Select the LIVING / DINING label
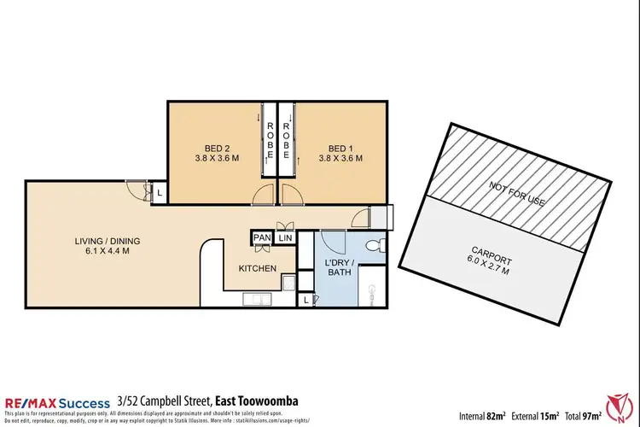tap(107, 246)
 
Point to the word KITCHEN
tap(258, 268)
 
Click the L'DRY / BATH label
tap(340, 267)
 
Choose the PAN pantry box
tap(262, 237)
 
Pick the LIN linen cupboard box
tap(285, 237)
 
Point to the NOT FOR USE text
tap(516, 194)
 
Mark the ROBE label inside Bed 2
tap(270, 142)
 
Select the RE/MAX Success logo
tap(58, 402)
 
